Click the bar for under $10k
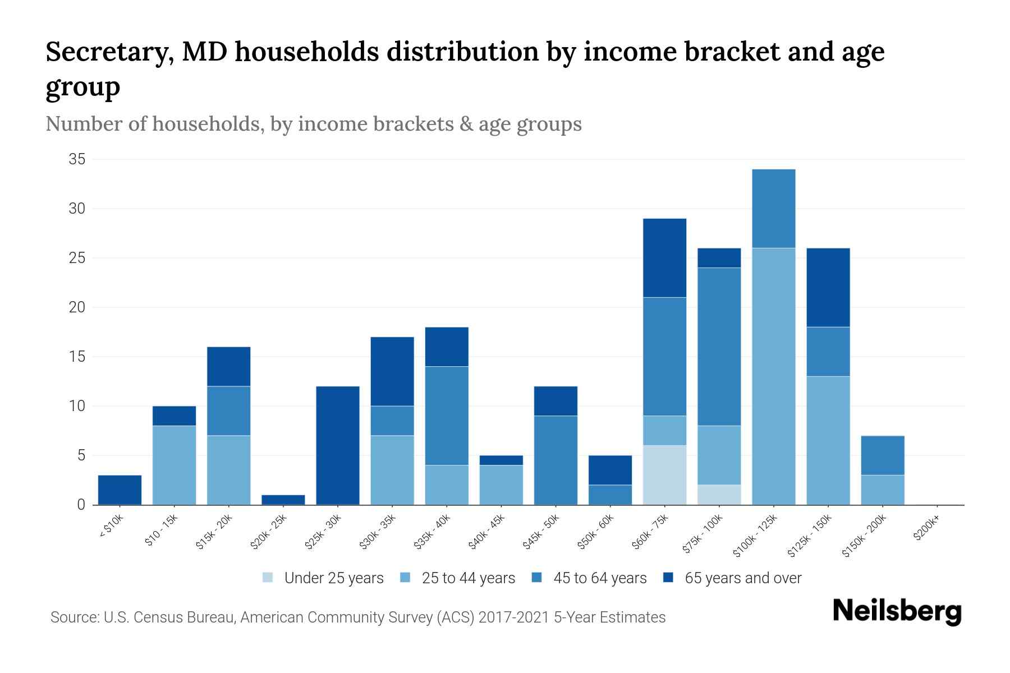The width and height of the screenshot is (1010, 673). (120, 490)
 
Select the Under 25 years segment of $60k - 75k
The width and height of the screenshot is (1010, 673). (664, 475)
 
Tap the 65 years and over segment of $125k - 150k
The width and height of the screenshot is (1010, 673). (828, 287)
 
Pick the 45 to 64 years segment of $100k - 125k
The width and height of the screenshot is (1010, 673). (773, 208)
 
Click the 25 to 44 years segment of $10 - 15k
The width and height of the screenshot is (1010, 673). (174, 465)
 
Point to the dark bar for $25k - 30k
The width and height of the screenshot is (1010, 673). (338, 445)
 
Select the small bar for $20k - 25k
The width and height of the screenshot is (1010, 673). (283, 500)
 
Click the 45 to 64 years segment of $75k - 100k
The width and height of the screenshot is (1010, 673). (719, 347)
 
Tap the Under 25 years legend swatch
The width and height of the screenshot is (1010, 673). (268, 578)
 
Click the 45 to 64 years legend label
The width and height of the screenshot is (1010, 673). (599, 578)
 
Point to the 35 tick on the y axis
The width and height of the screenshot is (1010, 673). (77, 159)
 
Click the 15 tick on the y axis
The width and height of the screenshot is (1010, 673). (77, 357)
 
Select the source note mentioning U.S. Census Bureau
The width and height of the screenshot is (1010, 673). (357, 617)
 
